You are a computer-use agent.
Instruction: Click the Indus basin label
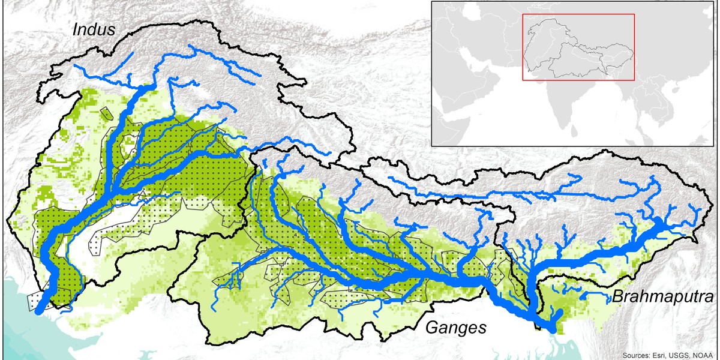click(x=94, y=29)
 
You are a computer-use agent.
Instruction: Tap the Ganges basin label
click(x=455, y=327)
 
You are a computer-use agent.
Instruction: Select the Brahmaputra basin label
click(x=663, y=296)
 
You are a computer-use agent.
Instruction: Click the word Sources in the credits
click(x=638, y=354)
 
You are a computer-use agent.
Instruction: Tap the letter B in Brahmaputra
click(x=617, y=296)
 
